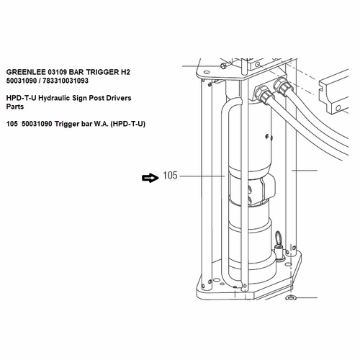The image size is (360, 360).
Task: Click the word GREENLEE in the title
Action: pos(25,72)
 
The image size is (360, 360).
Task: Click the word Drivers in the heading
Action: pos(134,96)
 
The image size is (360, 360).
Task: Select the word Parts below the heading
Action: pos(14,106)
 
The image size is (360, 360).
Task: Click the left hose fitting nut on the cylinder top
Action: pos(264,93)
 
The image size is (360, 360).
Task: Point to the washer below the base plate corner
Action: pos(291,298)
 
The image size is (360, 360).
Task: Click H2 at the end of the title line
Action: pos(125,72)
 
